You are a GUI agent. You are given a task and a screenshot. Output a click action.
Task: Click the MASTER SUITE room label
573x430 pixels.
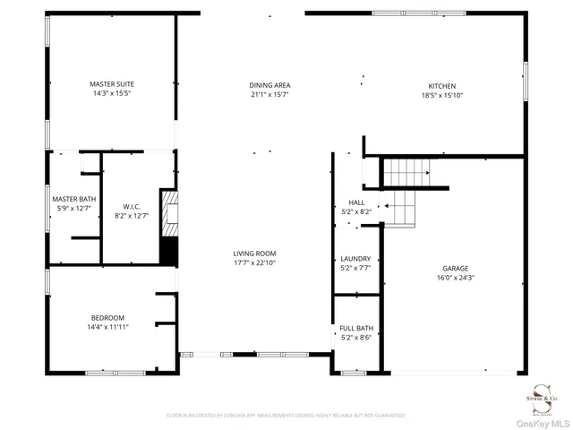tap(112, 83)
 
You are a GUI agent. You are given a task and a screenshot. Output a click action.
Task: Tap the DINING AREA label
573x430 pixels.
tap(269, 85)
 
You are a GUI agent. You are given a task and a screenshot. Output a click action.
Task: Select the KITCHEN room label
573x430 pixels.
tap(442, 86)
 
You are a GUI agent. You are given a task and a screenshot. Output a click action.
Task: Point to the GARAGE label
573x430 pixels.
tap(455, 268)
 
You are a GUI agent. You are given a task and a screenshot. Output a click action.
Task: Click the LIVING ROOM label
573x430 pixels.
tap(255, 254)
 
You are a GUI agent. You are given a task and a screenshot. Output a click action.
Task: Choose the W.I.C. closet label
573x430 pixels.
tap(131, 206)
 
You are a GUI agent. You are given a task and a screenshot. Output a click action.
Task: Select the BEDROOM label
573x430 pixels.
tap(107, 317)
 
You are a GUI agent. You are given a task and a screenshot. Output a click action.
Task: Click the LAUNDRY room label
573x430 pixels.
tap(356, 258)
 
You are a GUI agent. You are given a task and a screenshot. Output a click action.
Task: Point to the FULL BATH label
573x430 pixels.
tap(356, 329)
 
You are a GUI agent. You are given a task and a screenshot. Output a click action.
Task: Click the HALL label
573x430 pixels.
tap(356, 203)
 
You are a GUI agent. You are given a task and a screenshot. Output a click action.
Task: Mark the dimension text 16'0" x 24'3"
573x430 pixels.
tap(455, 278)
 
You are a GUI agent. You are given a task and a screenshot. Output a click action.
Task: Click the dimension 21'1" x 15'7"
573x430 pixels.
tap(269, 94)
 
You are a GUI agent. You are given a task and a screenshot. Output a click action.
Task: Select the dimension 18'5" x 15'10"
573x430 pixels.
tap(442, 95)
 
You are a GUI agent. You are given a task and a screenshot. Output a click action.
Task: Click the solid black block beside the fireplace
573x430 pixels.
tap(167, 250)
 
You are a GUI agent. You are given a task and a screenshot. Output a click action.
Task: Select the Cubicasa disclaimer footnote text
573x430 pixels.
tap(286, 416)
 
